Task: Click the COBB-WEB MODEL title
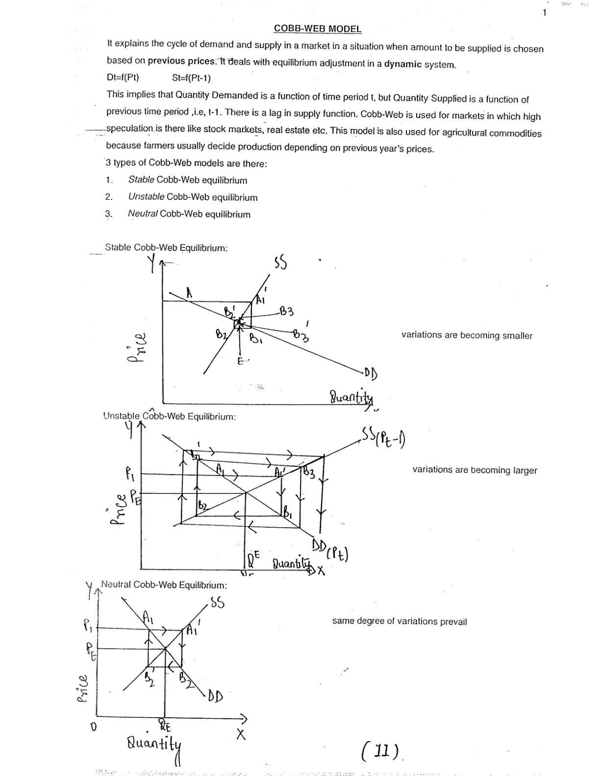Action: click(x=317, y=28)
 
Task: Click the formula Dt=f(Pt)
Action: click(x=123, y=77)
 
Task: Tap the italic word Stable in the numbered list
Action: click(x=141, y=180)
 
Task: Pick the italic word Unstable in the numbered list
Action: click(x=146, y=197)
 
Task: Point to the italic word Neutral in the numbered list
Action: click(x=143, y=214)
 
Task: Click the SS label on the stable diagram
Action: click(x=280, y=264)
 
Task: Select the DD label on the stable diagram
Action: click(x=371, y=374)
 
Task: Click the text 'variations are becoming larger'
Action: click(x=475, y=470)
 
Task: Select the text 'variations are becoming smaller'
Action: click(x=467, y=336)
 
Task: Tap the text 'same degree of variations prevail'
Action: click(x=400, y=621)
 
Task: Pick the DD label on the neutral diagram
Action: click(x=215, y=696)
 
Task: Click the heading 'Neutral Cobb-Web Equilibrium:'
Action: click(x=164, y=585)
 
